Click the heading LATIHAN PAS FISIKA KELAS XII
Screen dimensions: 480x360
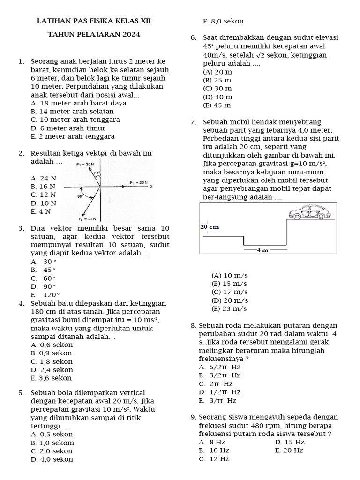(94, 21)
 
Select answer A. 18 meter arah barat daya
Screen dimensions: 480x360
(78, 103)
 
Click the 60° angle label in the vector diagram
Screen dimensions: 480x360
(80, 197)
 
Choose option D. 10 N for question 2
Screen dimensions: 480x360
(43, 203)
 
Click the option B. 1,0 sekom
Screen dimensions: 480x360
(52, 442)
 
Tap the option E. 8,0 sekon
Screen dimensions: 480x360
(223, 22)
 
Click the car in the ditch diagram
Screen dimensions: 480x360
(309, 212)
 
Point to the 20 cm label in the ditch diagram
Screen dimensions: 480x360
(210, 227)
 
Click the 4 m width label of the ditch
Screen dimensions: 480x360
(262, 250)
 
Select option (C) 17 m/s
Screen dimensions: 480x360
(229, 292)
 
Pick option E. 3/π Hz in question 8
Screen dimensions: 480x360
(217, 401)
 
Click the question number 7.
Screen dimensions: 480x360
(194, 122)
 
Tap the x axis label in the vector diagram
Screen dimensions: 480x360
(151, 186)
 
